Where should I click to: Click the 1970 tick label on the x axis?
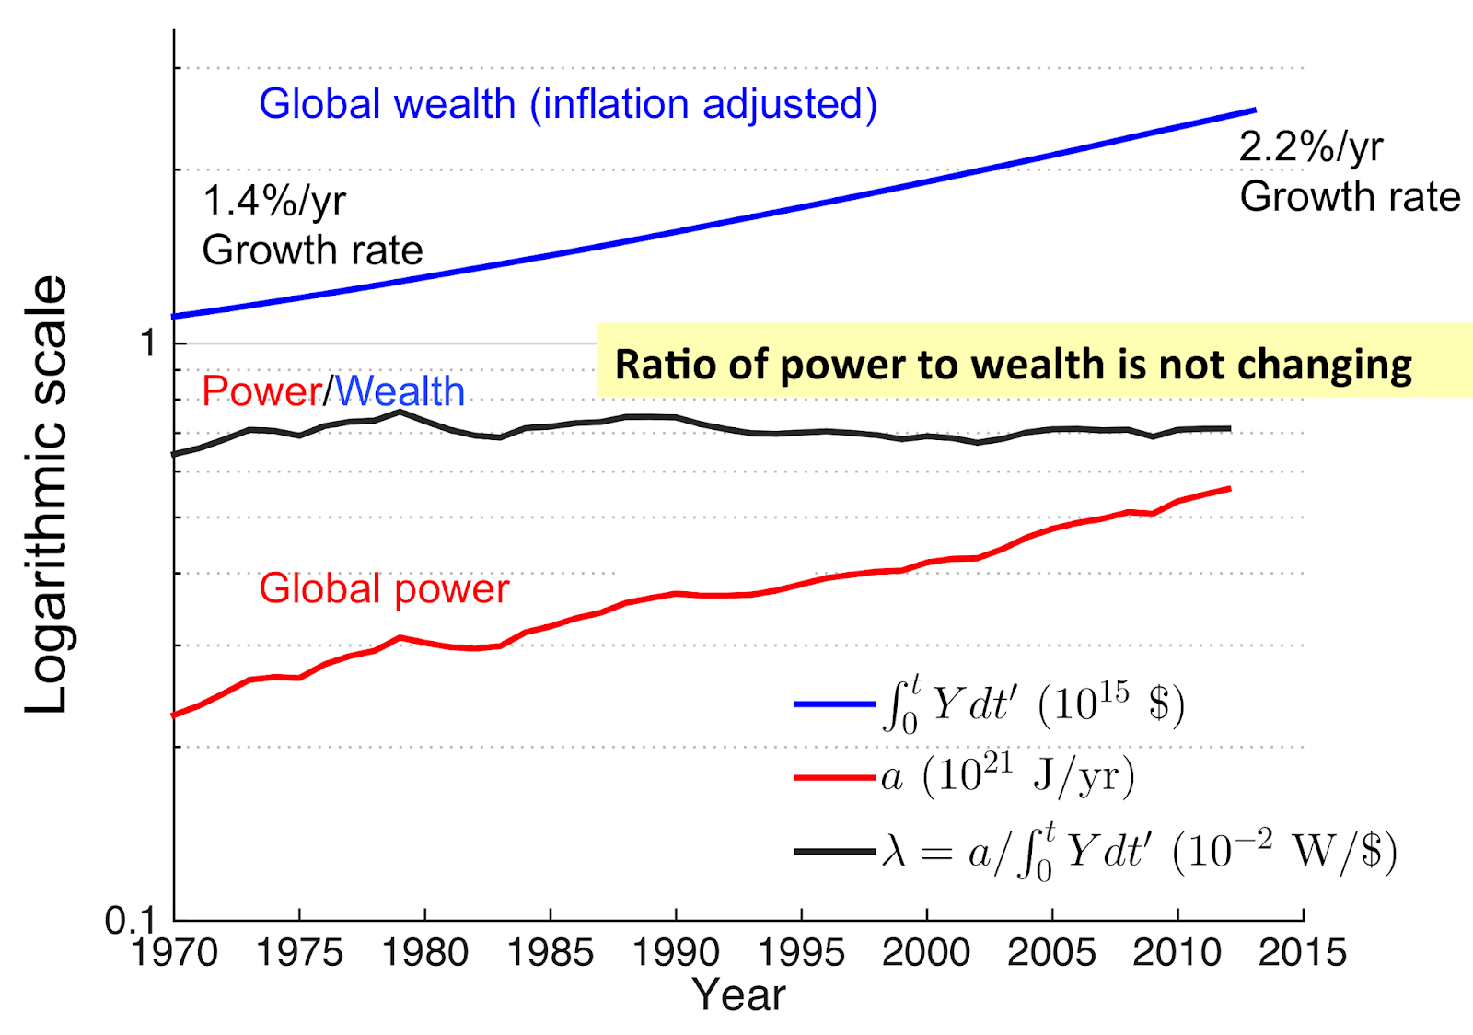point(174,953)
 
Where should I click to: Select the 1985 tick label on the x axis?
point(551,953)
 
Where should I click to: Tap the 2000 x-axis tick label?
point(926,953)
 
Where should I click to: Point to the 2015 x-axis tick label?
point(1303,953)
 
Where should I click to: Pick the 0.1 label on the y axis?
point(129,920)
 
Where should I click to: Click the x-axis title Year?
point(738,995)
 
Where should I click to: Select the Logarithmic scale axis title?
point(46,494)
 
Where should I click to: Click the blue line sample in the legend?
point(834,704)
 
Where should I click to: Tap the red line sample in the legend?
point(834,778)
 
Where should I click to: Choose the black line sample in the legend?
point(834,852)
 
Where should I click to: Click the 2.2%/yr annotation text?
point(1310,147)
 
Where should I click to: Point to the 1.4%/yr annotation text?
point(273,201)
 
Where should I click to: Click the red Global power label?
point(383,589)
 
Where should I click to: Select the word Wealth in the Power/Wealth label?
point(400,392)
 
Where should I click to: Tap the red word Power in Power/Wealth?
point(261,392)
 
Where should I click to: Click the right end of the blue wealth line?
point(1254,110)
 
